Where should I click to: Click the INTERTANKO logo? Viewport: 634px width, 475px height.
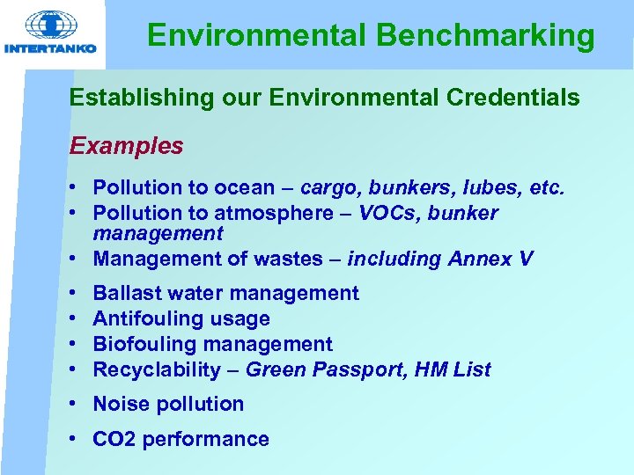50,33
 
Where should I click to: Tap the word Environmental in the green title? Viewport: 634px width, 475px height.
256,36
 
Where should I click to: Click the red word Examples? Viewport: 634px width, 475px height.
127,145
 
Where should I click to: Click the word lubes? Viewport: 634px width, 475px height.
505,187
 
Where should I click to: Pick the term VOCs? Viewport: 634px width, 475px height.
389,213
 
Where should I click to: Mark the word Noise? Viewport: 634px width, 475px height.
121,404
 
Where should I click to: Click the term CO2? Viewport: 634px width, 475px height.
112,439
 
